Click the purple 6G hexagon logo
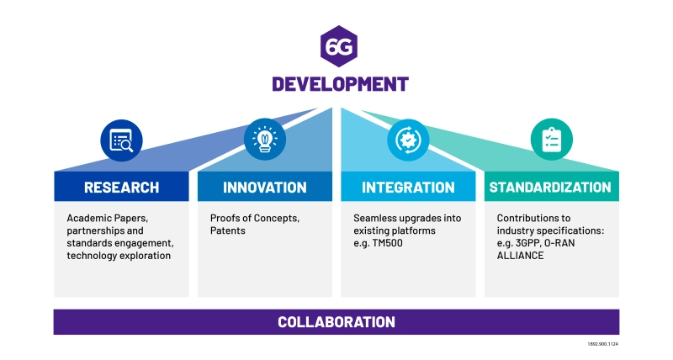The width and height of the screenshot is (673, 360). (339, 46)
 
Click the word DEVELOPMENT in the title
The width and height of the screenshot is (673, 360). (341, 84)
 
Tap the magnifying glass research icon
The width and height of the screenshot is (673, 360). (121, 140)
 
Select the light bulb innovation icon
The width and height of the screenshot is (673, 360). (265, 140)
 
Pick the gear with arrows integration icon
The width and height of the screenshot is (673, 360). (408, 140)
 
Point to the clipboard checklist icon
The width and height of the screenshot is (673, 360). (552, 140)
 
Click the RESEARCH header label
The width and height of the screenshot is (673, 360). (121, 188)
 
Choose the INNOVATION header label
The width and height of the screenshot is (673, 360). (265, 188)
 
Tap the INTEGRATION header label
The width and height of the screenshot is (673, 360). (408, 188)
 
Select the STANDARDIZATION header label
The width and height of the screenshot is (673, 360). (550, 188)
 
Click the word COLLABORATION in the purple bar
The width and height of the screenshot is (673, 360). (336, 322)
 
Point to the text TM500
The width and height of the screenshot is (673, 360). (388, 243)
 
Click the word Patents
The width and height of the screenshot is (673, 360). (228, 230)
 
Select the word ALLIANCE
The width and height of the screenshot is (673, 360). (520, 256)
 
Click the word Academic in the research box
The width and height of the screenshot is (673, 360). (87, 218)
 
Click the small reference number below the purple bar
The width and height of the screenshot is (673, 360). (603, 344)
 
